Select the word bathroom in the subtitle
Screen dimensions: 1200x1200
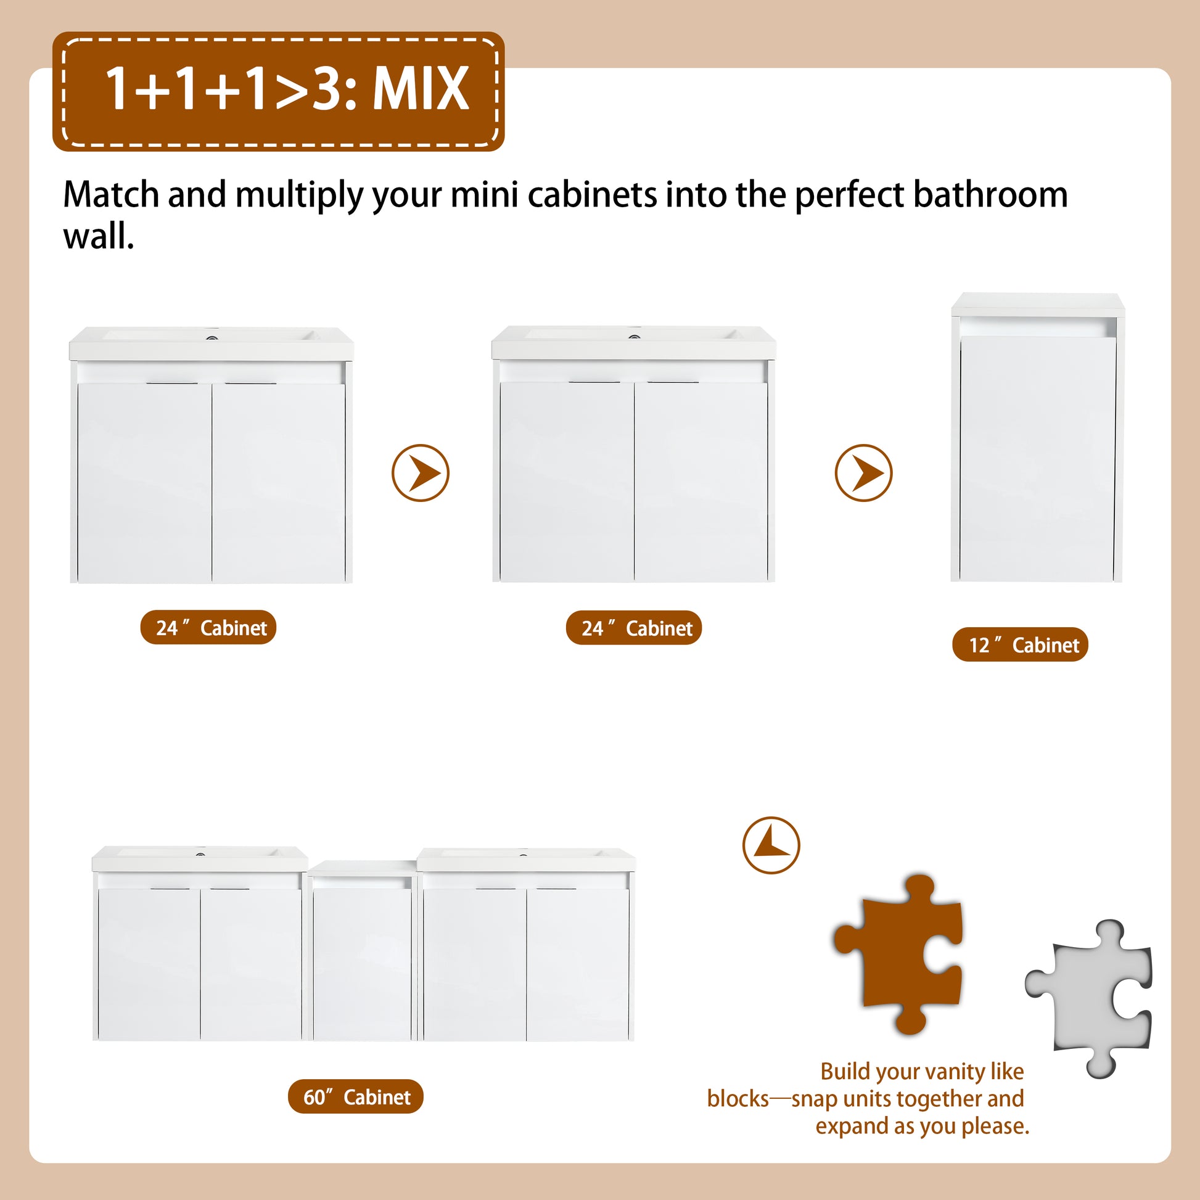coord(990,194)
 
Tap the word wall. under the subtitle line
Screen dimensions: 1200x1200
coord(99,237)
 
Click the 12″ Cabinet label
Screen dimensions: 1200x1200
coord(1020,645)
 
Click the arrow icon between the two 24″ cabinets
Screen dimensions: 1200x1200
coord(421,474)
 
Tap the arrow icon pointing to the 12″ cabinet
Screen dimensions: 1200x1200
coord(863,474)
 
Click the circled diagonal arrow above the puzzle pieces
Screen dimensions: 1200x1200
coord(771,845)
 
